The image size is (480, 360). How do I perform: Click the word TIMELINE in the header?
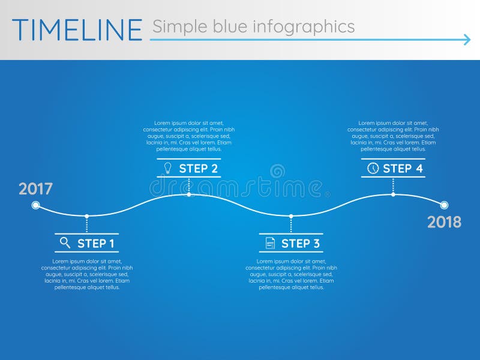(77, 29)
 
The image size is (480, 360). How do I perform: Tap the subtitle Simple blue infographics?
(253, 26)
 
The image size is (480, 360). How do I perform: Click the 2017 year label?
(35, 189)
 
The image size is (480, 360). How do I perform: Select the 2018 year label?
(444, 222)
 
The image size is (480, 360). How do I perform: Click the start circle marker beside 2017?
(35, 205)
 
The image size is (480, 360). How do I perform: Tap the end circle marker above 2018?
(444, 205)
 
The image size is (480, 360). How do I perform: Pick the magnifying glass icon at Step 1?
(65, 242)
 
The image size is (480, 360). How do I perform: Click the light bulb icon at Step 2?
(168, 168)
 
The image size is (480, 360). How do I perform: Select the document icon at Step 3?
(270, 243)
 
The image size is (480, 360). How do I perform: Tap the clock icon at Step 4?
(373, 168)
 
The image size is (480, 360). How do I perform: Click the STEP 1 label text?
(95, 243)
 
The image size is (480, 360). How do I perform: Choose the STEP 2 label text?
(198, 169)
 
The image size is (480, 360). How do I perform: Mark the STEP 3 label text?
(300, 243)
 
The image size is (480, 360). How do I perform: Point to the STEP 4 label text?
(403, 169)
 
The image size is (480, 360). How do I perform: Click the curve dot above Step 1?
(87, 216)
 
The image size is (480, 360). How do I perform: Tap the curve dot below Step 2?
(189, 194)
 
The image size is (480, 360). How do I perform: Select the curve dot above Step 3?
(291, 216)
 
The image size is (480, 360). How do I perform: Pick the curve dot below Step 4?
(393, 194)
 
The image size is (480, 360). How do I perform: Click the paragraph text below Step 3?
(291, 274)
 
